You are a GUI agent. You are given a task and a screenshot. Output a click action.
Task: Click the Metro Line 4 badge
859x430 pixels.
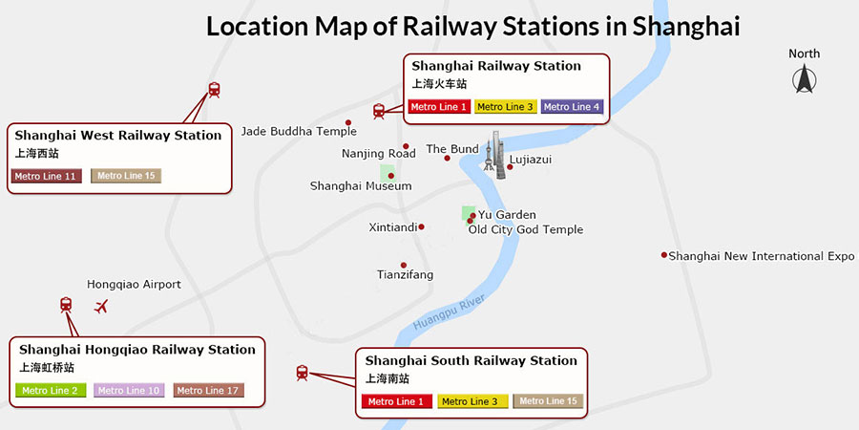[572, 107]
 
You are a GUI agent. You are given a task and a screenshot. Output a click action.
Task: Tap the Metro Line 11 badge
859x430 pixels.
[45, 176]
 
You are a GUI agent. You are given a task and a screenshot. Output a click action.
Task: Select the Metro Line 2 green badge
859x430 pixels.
[52, 390]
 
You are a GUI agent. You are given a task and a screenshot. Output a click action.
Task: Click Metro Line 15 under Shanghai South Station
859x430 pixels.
[548, 401]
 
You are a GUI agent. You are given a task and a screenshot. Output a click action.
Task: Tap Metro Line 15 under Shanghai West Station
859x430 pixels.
[126, 176]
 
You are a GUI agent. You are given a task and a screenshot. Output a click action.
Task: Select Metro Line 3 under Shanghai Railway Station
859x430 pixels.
[505, 107]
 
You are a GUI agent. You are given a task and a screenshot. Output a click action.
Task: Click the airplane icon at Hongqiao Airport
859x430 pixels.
[102, 307]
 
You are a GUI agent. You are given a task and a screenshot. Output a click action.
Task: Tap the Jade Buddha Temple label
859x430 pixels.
[299, 132]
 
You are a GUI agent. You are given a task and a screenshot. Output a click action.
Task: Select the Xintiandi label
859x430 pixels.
[393, 227]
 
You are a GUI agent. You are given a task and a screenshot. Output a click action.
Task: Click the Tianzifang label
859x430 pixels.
[405, 275]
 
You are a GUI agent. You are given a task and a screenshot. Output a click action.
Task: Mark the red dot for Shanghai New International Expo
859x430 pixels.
[664, 255]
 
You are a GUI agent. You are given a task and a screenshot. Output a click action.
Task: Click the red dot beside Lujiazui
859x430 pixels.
[510, 167]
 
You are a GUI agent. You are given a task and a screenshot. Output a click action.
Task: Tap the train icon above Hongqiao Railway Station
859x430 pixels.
[66, 305]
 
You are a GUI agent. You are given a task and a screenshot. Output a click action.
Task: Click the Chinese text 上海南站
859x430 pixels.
[385, 379]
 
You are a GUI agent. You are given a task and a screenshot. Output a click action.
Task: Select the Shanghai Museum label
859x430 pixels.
[361, 186]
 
